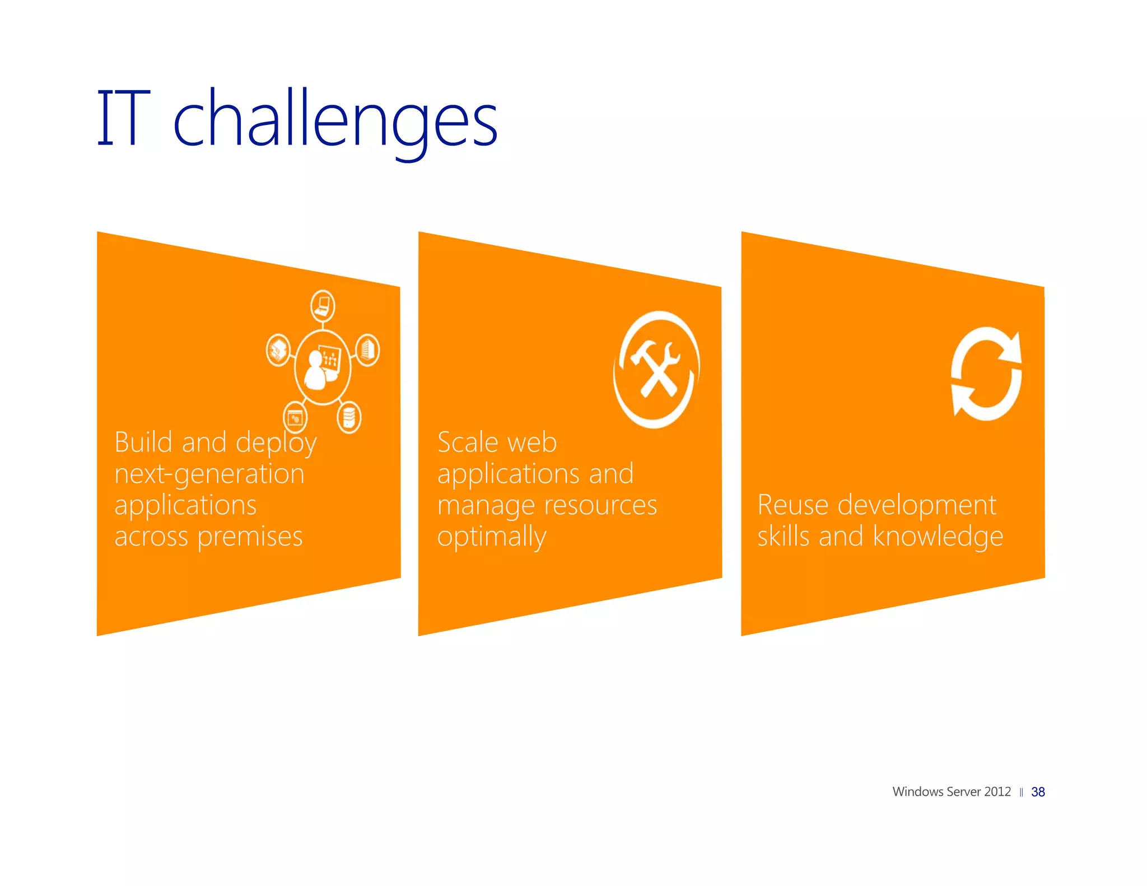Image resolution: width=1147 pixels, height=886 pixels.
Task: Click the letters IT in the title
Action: (124, 118)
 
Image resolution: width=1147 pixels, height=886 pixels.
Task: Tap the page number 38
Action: (1038, 792)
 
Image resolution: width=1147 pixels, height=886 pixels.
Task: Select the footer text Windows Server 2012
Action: (951, 792)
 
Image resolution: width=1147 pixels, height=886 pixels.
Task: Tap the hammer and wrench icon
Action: (656, 370)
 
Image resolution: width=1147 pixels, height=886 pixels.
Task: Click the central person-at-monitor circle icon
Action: (323, 367)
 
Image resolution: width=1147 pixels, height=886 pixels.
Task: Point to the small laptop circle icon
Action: (323, 306)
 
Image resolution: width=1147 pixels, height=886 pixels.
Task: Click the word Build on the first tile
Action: (143, 442)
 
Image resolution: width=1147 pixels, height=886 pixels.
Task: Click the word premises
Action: (250, 537)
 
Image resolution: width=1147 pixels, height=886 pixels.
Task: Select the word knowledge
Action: (938, 537)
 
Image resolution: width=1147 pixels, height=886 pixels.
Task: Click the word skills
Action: (783, 537)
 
